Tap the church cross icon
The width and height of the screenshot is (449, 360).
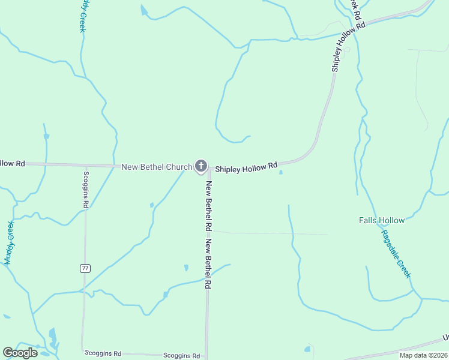point(201,166)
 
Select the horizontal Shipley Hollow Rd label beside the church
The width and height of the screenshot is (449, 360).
point(246,167)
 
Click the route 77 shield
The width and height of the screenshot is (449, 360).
point(85,268)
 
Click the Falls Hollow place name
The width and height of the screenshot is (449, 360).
point(382,220)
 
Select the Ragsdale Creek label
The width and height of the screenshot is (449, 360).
point(396,254)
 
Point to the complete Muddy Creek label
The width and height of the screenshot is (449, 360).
point(9,243)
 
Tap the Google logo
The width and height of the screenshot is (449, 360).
point(20,353)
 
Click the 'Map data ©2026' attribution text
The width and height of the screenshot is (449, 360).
point(423,355)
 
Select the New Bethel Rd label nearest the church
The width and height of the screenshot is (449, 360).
point(209,206)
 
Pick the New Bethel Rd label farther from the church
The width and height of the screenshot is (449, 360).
point(208,265)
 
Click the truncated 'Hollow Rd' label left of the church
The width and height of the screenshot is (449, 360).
point(12,163)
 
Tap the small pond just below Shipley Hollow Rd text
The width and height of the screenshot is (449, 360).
point(281,173)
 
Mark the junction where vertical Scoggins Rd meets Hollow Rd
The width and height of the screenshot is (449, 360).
point(86,165)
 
